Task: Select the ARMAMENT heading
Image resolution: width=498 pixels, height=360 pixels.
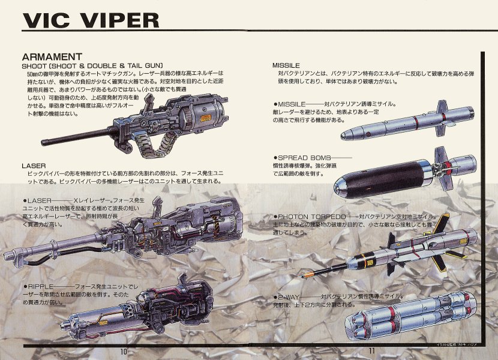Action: (52, 56)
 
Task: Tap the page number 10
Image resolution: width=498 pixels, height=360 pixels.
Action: (124, 352)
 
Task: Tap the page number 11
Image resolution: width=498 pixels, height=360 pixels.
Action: (372, 352)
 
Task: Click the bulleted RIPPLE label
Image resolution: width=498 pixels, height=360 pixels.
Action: (41, 287)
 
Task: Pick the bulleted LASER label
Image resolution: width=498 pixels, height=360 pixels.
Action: (40, 200)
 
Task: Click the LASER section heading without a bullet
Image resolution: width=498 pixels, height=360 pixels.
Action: (33, 165)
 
